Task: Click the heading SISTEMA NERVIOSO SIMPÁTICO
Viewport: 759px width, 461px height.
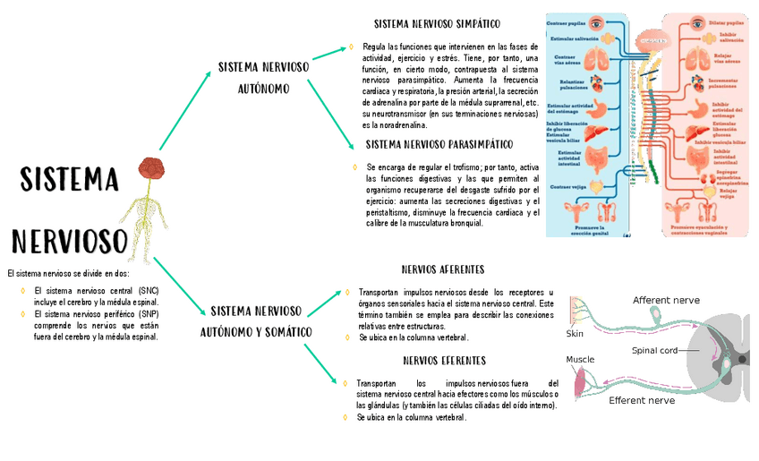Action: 437,24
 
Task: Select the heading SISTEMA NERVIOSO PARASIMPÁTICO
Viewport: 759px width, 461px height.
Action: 439,144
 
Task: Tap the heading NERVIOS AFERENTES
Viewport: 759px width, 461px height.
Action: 443,269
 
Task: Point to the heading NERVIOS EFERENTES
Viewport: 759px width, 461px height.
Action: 444,361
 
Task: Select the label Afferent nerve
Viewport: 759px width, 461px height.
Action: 666,300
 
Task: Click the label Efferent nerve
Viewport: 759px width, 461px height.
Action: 642,401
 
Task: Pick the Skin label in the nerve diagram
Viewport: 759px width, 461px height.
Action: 575,334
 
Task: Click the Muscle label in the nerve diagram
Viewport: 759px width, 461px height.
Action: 579,360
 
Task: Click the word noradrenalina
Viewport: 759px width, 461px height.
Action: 401,126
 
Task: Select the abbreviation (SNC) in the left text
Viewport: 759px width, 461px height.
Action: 148,292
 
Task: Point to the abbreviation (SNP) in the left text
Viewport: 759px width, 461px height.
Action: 148,315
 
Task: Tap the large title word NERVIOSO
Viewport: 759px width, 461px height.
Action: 69,241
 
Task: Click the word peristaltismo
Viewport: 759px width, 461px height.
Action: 394,212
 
